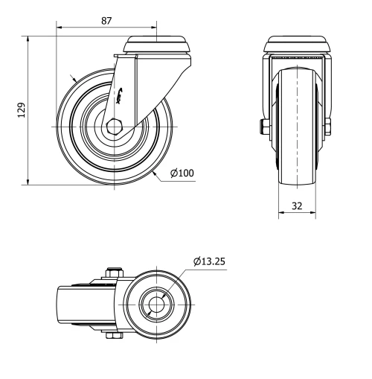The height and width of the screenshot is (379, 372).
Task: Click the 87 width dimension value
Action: pyautogui.click(x=106, y=22)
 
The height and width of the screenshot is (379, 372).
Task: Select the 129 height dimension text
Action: pyautogui.click(x=22, y=109)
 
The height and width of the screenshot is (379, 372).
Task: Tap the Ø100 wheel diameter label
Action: pyautogui.click(x=182, y=173)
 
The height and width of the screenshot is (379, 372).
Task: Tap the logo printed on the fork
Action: pyautogui.click(x=124, y=92)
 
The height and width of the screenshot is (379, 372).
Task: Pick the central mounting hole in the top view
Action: pyautogui.click(x=157, y=305)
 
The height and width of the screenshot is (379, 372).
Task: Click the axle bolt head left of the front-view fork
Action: pyautogui.click(x=264, y=127)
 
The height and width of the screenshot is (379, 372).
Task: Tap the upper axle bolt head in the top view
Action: pyautogui.click(x=115, y=273)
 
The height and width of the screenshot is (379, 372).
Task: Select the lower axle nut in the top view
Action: pyautogui.click(x=115, y=337)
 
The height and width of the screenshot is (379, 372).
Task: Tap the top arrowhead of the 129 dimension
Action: pyautogui.click(x=28, y=36)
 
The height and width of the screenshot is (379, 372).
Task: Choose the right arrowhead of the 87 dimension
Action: pyautogui.click(x=157, y=31)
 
